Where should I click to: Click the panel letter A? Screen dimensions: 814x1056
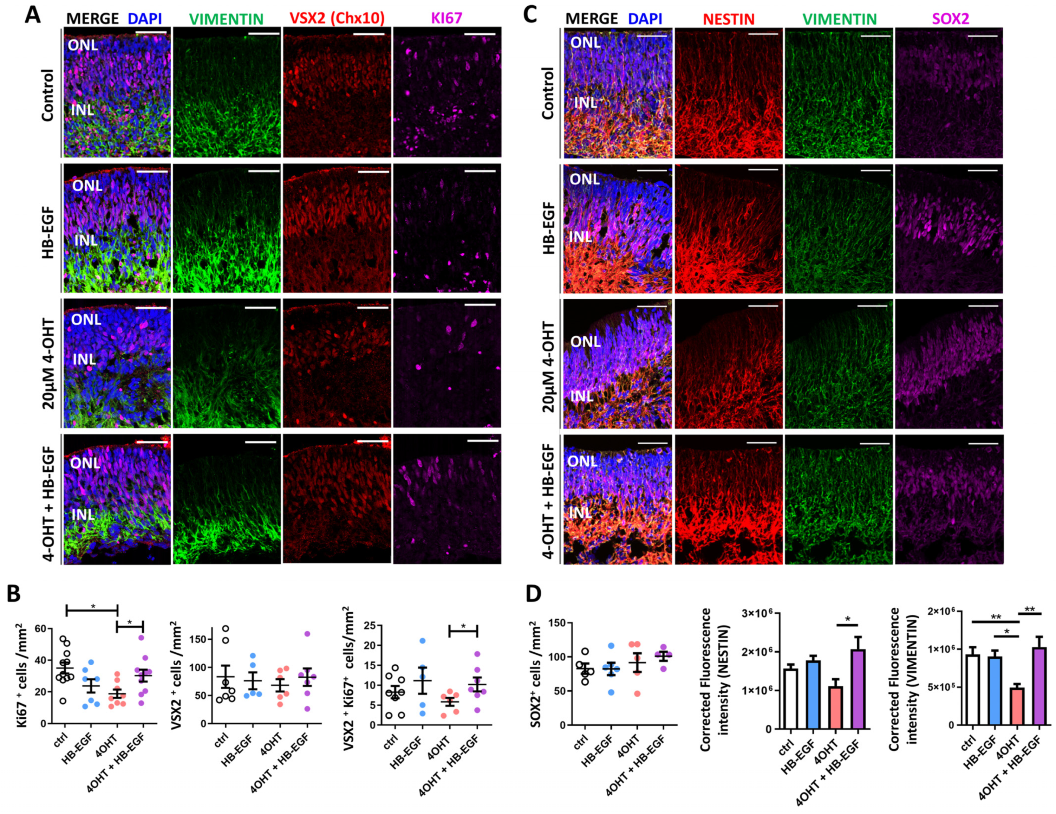33,14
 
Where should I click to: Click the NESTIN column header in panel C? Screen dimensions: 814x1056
728,19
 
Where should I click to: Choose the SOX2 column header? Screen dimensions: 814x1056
949,19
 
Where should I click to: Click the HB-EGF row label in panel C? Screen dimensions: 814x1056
548,228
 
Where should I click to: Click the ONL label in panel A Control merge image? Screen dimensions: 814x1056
83,45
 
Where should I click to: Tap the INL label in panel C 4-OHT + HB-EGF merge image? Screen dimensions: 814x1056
580,512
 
